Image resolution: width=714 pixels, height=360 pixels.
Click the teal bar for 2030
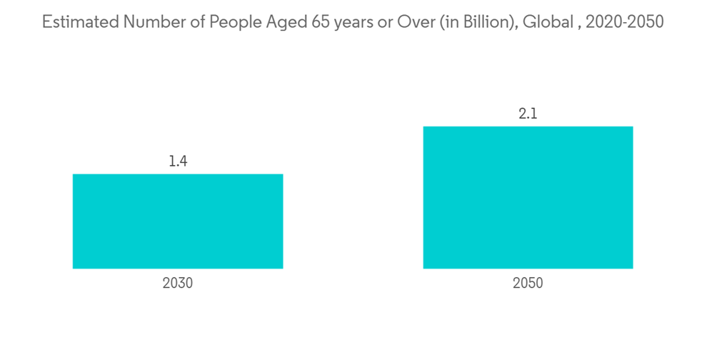[x=178, y=221]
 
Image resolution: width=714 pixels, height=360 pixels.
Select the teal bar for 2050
[x=528, y=198]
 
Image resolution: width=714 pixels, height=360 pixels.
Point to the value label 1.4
[x=178, y=161]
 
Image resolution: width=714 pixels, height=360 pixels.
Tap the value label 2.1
[x=528, y=114]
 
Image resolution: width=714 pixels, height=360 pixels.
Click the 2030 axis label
[x=178, y=283]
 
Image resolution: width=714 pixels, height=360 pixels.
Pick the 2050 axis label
[x=528, y=283]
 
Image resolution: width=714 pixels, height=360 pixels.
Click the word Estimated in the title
[x=79, y=22]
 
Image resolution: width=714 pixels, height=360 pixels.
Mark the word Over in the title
[x=420, y=22]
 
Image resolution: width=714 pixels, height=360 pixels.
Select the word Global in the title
[x=547, y=22]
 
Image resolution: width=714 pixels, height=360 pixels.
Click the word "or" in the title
[x=392, y=22]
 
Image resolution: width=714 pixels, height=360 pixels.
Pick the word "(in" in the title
[x=451, y=22]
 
